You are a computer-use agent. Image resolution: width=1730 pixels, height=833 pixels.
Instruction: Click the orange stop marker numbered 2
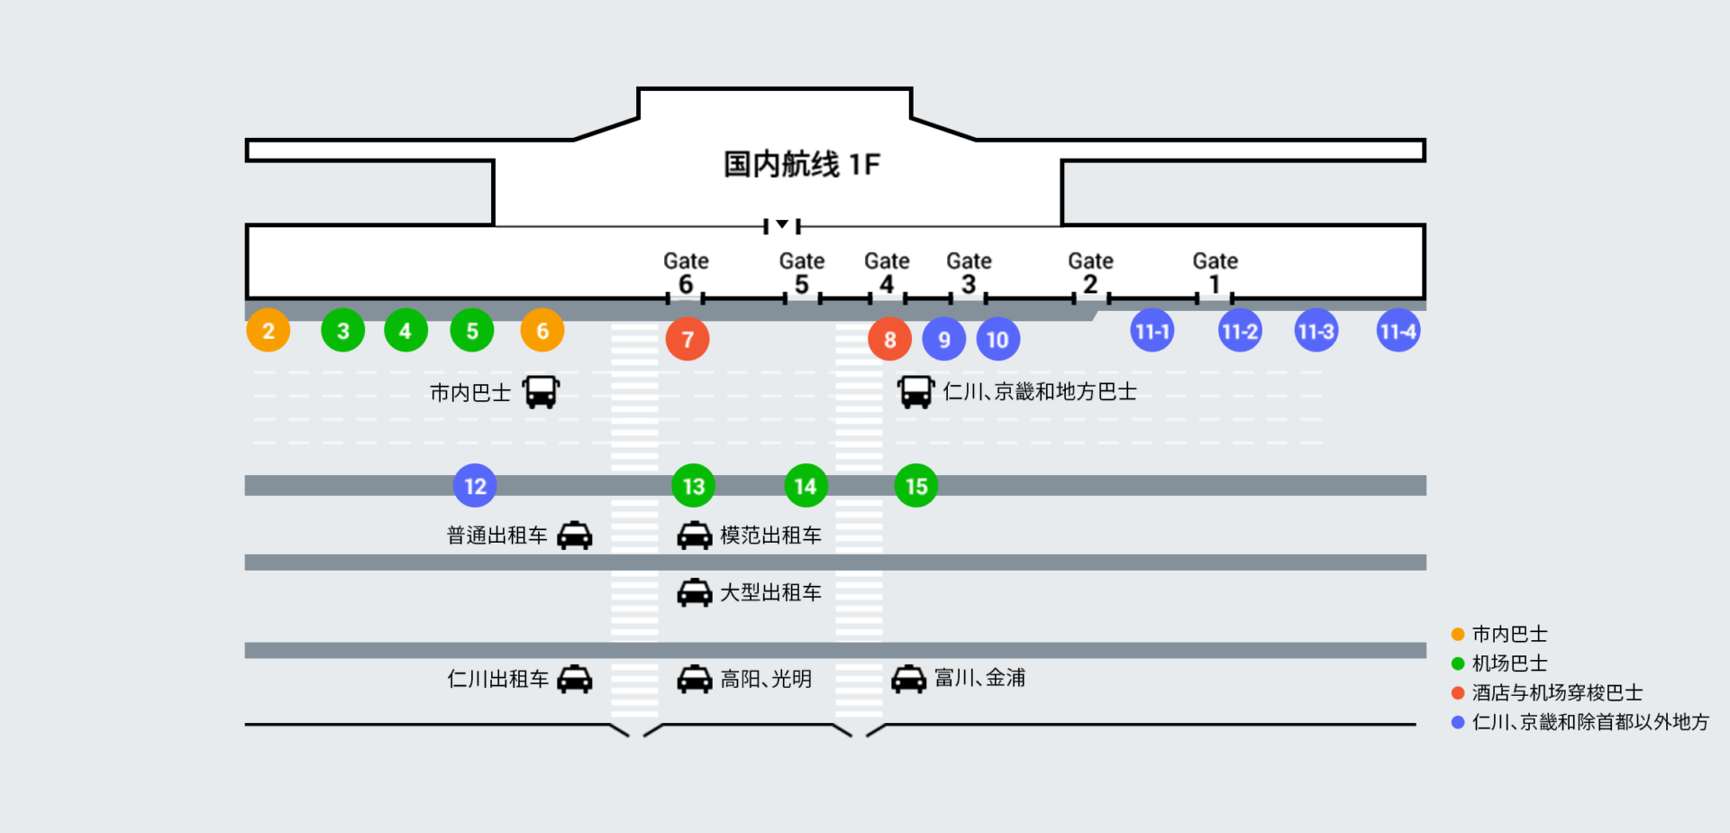click(x=269, y=331)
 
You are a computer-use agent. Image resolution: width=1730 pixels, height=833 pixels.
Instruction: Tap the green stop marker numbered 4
click(x=405, y=331)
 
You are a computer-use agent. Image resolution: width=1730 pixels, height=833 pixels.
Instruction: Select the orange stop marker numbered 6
click(x=542, y=331)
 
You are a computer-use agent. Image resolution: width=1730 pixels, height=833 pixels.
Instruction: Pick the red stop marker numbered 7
click(x=687, y=339)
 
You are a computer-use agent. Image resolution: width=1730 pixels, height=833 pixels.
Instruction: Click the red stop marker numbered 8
click(x=889, y=339)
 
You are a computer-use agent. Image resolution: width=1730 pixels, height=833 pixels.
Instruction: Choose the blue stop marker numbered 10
click(x=997, y=339)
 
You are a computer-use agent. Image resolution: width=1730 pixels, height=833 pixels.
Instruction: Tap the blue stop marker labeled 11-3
click(x=1316, y=331)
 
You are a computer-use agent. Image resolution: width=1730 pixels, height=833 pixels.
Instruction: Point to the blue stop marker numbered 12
click(x=475, y=486)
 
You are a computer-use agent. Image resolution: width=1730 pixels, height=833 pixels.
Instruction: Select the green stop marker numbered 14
click(x=806, y=486)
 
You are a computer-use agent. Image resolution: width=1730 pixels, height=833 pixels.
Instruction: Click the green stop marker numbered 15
click(x=916, y=486)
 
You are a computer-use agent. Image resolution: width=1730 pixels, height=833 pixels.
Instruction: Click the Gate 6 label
click(x=686, y=272)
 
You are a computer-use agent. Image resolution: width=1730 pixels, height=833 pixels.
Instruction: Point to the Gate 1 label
click(x=1215, y=272)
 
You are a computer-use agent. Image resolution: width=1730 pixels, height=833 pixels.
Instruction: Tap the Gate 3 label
click(x=969, y=272)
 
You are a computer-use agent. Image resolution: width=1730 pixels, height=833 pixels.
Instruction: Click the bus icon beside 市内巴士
click(x=542, y=392)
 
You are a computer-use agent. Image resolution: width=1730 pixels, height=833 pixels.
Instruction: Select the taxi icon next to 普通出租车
click(x=575, y=535)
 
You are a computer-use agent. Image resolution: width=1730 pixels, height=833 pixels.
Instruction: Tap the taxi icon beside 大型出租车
click(x=695, y=592)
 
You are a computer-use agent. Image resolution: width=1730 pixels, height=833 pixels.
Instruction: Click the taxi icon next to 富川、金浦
click(x=908, y=679)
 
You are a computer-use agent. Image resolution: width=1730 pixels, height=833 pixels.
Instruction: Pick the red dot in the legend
click(x=1458, y=692)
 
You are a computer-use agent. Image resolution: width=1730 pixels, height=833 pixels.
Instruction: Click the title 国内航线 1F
click(x=802, y=164)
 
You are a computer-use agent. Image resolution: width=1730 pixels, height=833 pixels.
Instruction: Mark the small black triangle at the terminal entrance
click(x=782, y=224)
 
